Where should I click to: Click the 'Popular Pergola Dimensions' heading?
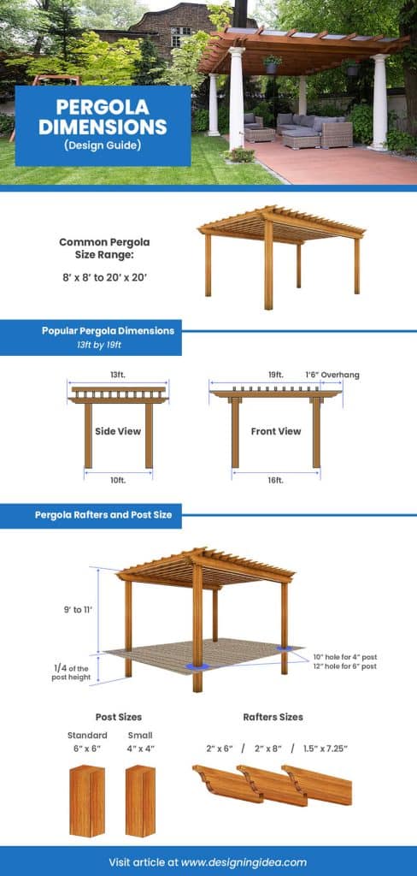(108, 330)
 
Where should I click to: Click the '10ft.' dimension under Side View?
(118, 481)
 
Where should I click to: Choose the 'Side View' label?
(118, 431)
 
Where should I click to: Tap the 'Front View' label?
(275, 431)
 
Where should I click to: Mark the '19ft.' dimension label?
(275, 375)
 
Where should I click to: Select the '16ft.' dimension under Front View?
(275, 481)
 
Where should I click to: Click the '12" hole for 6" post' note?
(344, 666)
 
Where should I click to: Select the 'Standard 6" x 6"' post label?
(87, 741)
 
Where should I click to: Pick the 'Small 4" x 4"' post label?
(140, 741)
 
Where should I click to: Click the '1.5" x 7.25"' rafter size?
(325, 748)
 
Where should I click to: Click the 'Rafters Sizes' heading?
(273, 717)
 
